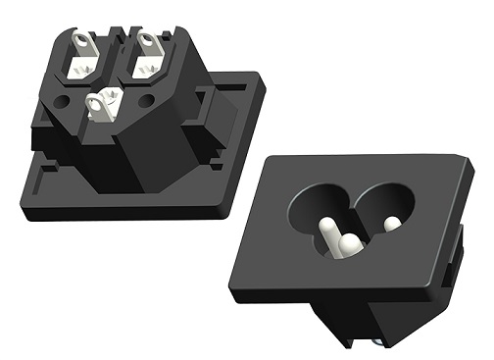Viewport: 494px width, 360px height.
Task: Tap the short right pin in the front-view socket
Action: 392,224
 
